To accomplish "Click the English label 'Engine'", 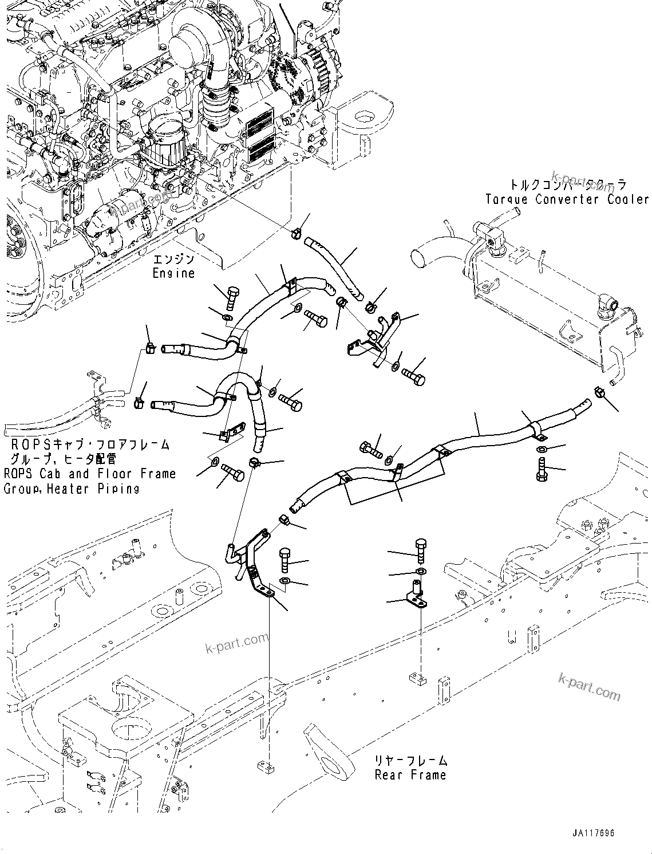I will pos(173,274).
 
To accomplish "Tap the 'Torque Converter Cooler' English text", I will pos(567,199).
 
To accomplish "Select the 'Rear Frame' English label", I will pos(410,775).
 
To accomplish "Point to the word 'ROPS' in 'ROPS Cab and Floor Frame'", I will pos(17,474).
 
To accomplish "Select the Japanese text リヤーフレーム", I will pos(410,761).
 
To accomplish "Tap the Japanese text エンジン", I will pos(173,259).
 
